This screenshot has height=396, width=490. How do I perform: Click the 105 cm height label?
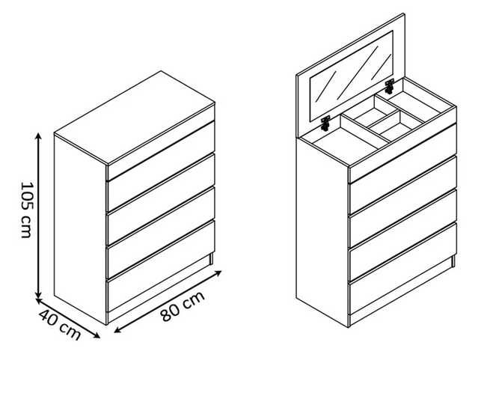pos(26,210)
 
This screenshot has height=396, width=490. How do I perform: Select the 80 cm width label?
pos(183,306)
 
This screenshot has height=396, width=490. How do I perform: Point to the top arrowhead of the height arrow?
pos(38,136)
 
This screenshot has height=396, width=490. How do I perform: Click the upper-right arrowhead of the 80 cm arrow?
pos(218,273)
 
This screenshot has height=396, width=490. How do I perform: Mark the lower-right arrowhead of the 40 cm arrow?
pos(97,335)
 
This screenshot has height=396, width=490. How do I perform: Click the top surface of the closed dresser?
pos(135,118)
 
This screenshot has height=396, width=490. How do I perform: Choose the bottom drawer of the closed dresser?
pos(161,266)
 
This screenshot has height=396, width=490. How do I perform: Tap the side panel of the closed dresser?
pos(80,229)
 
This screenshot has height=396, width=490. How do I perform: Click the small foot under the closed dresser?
pos(212,259)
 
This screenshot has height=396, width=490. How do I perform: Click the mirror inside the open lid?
pos(352,76)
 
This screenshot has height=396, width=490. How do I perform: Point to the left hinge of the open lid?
pos(325,124)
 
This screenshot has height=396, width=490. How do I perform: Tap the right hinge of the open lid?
pos(389,86)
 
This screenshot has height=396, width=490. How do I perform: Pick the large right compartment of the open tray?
pos(414,103)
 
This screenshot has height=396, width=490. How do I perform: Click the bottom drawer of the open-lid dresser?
pos(402,269)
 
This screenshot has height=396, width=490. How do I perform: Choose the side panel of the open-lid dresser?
pos(322,231)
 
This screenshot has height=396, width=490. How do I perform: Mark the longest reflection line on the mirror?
pos(357,73)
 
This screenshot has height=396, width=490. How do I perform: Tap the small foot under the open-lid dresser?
pos(453,261)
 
